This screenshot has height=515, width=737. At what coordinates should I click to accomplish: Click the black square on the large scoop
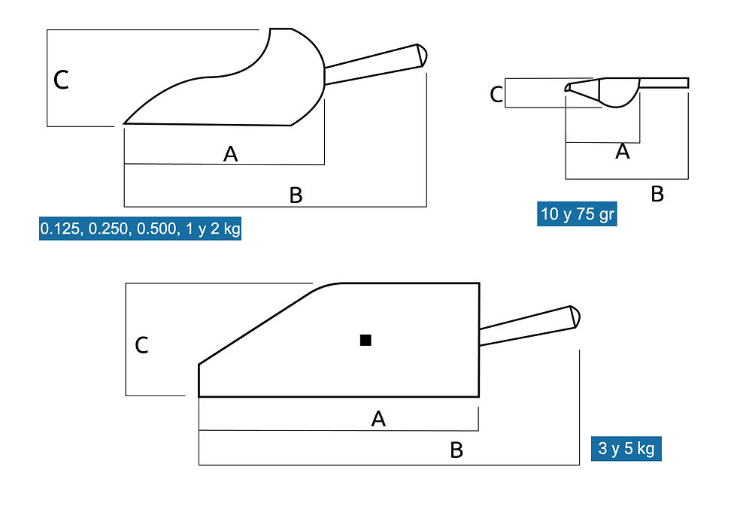coord(365,340)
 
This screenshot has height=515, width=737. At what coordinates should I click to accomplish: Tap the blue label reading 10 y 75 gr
coord(577,214)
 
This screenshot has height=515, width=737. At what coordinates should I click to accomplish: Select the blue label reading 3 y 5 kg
coord(626,448)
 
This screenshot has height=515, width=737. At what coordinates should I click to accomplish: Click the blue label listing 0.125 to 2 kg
coord(140,229)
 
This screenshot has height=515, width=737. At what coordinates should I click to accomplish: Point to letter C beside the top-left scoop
coord(61,80)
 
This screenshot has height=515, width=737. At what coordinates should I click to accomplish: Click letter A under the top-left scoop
coord(230,153)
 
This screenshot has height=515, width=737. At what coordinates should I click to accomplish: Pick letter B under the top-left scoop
coord(296,195)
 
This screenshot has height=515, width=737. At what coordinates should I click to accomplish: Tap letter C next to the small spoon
coord(496,95)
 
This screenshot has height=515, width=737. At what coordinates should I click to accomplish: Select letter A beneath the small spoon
coord(623,151)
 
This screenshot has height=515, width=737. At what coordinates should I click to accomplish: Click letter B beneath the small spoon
coord(657,194)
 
